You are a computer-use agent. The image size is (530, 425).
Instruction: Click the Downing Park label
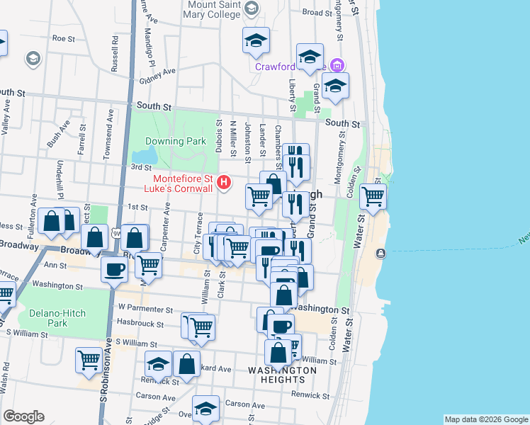[x=176, y=141]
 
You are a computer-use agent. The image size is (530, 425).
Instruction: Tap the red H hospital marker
[x=225, y=183]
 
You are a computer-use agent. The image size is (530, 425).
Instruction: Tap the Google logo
[x=23, y=416]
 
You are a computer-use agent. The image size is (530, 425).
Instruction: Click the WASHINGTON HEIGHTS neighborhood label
[x=282, y=375]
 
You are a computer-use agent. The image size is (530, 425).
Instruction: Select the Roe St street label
[x=63, y=38]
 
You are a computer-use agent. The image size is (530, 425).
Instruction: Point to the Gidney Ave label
[x=157, y=74]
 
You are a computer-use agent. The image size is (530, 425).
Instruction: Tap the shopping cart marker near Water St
[x=373, y=196]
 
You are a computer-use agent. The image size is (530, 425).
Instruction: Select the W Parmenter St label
[x=146, y=307]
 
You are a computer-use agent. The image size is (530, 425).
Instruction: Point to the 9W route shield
[x=115, y=234]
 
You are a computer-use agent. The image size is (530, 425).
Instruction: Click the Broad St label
[x=317, y=12]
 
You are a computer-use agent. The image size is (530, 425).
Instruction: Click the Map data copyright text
[x=486, y=419]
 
